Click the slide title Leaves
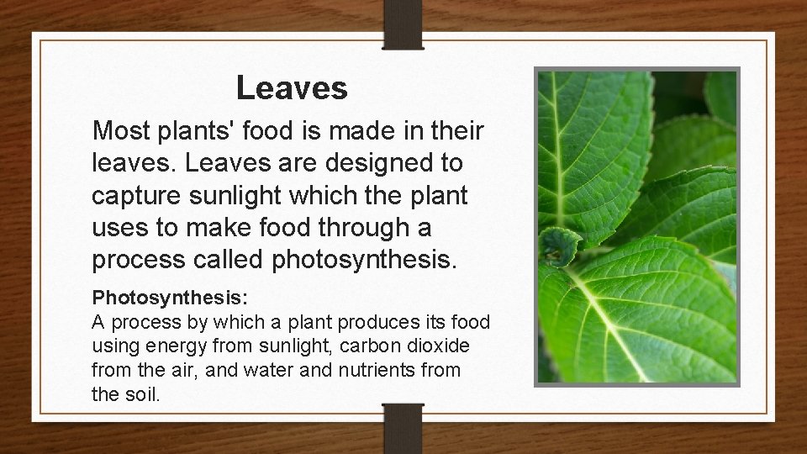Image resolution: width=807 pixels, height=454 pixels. pyautogui.click(x=292, y=87)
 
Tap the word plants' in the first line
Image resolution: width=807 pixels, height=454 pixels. pyautogui.click(x=198, y=130)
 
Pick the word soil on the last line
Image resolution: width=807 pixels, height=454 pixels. pyautogui.click(x=140, y=393)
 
